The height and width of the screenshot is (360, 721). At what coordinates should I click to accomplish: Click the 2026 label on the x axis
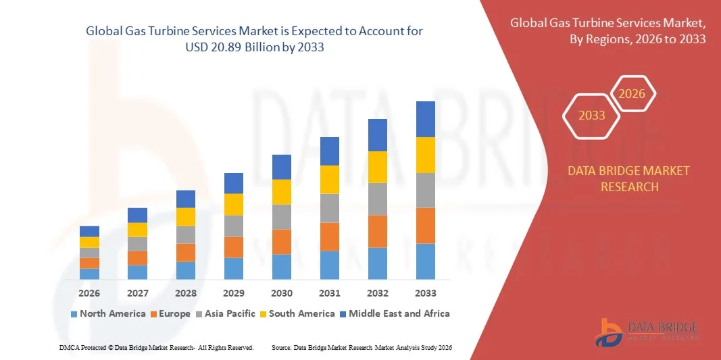click(89, 293)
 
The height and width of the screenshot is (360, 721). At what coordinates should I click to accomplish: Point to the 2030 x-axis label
click(282, 293)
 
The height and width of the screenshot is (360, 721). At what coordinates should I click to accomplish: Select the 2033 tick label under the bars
click(426, 293)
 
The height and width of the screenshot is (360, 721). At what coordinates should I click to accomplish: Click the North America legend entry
click(108, 313)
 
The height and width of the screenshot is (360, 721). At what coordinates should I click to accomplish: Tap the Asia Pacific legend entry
click(226, 313)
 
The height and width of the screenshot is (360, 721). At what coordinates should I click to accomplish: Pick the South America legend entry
click(297, 313)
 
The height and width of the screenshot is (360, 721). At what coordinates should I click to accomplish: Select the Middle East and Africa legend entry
click(395, 313)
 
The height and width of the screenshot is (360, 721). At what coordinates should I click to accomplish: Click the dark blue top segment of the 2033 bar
click(426, 119)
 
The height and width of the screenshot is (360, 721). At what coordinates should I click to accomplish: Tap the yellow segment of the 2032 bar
click(378, 167)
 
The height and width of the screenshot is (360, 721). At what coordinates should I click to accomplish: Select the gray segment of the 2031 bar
click(330, 208)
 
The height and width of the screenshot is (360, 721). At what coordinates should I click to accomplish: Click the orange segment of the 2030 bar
click(282, 242)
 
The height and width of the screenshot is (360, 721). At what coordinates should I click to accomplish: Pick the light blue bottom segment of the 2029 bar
click(234, 268)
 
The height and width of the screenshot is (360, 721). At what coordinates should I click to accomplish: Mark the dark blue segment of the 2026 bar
click(89, 231)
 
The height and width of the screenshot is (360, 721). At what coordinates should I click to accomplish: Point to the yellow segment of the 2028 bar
click(186, 217)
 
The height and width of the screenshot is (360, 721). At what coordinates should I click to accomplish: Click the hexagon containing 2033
click(592, 115)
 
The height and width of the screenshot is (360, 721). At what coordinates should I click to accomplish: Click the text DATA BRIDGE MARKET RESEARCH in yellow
click(629, 178)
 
